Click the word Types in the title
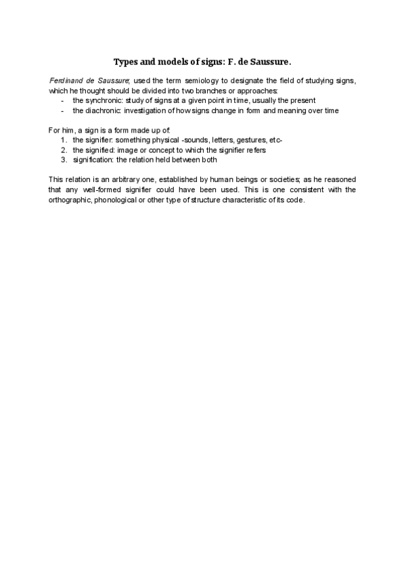coord(125,62)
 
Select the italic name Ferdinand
coord(66,81)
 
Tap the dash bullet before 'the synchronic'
coord(62,100)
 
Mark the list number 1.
coord(64,139)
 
